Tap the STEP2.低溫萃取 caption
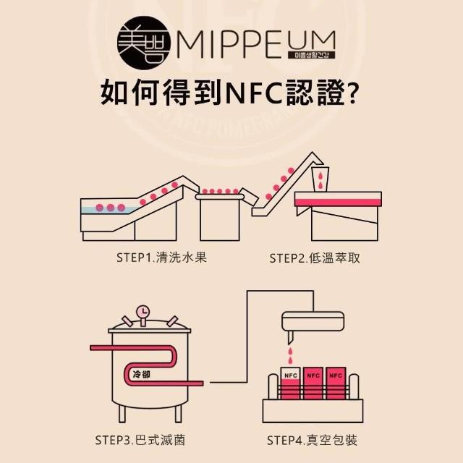(x=314, y=257)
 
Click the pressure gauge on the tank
(x=143, y=312)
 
